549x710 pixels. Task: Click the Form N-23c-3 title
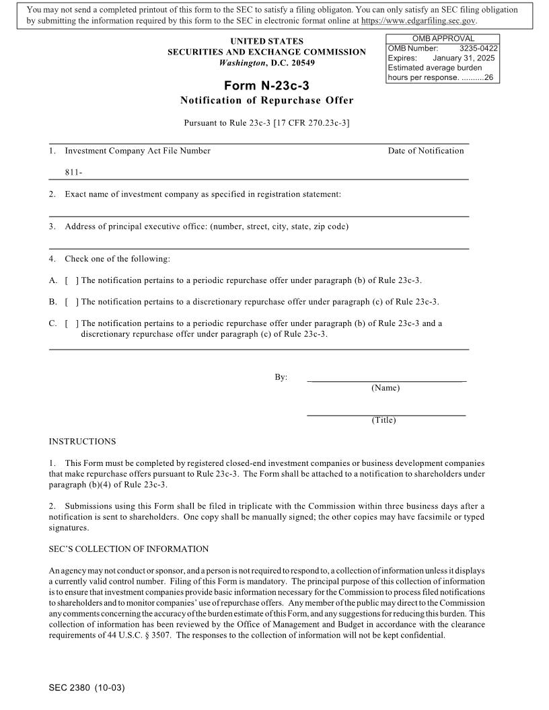267,85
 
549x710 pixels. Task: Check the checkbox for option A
70,280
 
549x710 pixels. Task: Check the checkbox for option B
70,302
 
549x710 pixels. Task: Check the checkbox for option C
70,323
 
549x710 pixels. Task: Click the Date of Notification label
425,151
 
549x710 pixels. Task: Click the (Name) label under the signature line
386,388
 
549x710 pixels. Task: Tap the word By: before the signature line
281,377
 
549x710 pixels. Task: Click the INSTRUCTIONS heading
82,442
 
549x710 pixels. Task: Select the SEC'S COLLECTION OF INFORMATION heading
129,549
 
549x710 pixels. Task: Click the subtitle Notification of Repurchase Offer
266,101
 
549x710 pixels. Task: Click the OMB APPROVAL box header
443,39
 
